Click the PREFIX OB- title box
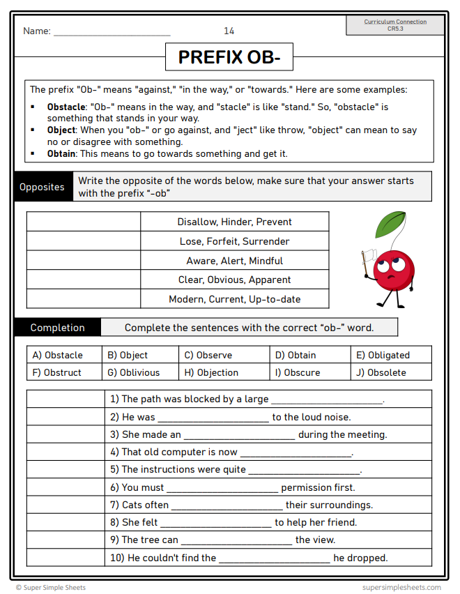pos(229,57)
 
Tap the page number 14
pos(229,31)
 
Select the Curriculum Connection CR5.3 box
pos(395,25)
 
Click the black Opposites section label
pos(43,188)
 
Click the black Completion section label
pos(57,328)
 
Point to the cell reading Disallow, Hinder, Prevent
pos(234,222)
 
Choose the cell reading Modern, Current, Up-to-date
pos(234,299)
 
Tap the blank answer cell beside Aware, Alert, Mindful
pos(84,261)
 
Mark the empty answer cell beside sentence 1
pos(65,399)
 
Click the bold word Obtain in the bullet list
pos(61,153)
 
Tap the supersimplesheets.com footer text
pos(401,587)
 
